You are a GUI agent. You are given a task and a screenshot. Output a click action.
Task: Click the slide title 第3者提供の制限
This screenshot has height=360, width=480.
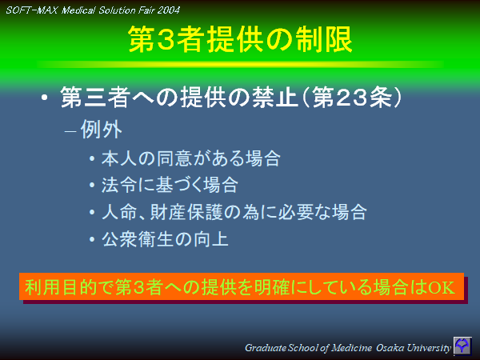point(240,41)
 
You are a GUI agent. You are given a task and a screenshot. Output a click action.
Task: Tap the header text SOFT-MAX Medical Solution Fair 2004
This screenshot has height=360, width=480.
point(93,10)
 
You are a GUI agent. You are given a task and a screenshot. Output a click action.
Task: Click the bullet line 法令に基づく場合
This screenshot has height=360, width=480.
point(170,186)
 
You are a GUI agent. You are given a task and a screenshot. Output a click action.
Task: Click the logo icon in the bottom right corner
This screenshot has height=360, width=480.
point(462,346)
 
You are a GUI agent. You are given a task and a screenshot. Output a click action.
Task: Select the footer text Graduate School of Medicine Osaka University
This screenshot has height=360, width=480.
point(348,348)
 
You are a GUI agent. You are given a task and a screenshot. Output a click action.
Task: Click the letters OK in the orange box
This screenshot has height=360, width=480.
point(442,287)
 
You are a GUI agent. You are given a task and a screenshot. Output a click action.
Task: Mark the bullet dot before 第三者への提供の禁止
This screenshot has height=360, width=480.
point(45,100)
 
